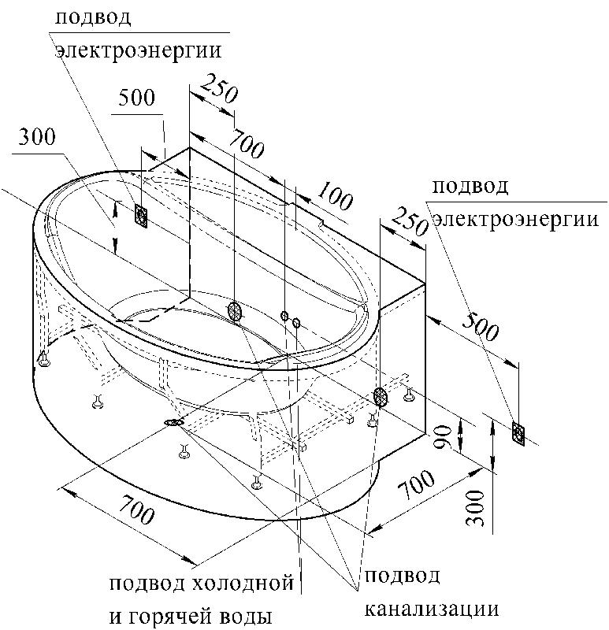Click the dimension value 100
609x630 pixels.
336,196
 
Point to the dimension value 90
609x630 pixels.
444,438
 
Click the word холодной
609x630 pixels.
243,584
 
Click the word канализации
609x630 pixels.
432,609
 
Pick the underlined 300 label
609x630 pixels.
37,137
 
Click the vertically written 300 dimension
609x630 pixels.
476,508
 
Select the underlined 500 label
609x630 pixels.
136,98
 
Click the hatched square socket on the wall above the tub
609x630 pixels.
141,216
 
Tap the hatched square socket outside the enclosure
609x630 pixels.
518,434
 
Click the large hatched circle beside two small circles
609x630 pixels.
235,312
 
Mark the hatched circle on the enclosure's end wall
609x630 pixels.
381,397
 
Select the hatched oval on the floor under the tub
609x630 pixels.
173,422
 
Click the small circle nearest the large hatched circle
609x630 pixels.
284,316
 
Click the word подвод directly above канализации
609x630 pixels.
403,576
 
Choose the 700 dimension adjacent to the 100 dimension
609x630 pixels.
246,144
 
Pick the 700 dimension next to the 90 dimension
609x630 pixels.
417,485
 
